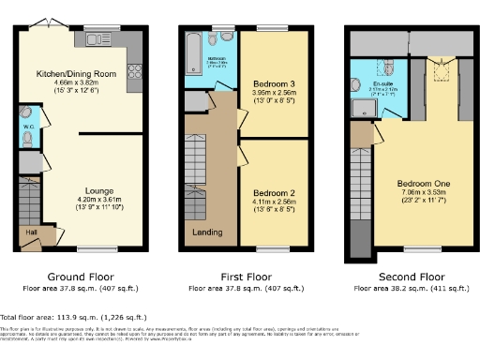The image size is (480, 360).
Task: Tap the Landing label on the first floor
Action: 207,232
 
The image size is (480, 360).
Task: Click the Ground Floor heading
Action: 79,277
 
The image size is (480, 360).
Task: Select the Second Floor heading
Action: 411,277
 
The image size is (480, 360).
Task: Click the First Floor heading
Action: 247,277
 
